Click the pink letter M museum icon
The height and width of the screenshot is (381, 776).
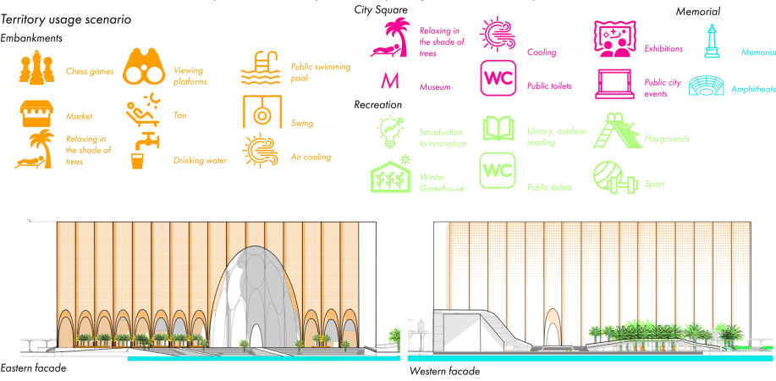389,82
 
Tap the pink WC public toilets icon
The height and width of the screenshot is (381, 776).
497,79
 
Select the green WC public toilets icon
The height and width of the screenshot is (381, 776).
497,170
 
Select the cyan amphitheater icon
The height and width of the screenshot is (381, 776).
713,85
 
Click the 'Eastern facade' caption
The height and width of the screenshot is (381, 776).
33,368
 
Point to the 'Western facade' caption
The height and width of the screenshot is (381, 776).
444,371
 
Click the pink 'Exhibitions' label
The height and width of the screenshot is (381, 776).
663,49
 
